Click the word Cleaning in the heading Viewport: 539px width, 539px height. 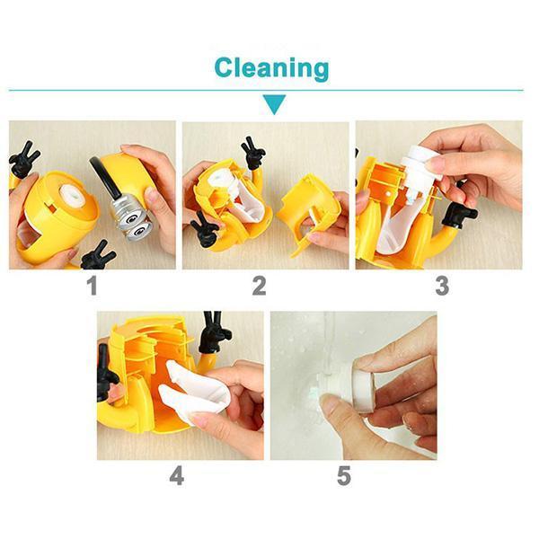point(271,69)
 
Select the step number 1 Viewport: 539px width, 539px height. point(93,286)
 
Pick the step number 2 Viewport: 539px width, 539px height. point(259,286)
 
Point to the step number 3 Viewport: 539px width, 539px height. point(442,286)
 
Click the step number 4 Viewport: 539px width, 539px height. point(177,476)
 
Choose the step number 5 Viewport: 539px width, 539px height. point(344,476)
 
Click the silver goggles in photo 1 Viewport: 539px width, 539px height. point(133,217)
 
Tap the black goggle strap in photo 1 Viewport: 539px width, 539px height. point(105,178)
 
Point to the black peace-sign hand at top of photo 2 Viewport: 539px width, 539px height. point(253,152)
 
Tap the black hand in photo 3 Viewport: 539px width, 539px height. point(458,214)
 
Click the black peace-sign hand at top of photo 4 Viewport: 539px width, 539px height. point(214,331)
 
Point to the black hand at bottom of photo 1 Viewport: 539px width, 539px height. point(97,256)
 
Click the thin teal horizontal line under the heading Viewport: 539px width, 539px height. point(266,91)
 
